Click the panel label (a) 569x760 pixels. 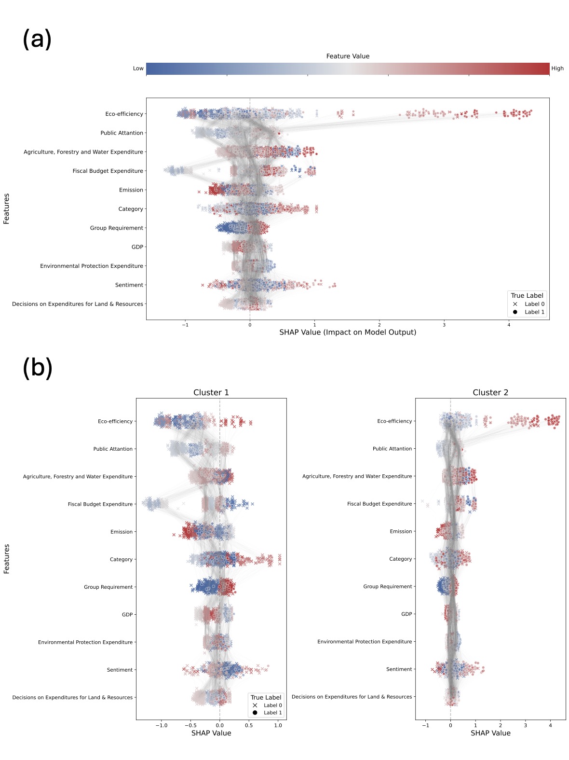37,39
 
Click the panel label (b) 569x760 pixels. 37,368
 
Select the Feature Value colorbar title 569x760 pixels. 348,56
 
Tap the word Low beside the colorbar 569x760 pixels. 138,69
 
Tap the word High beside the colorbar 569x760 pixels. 557,69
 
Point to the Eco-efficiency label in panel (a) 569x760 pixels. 124,114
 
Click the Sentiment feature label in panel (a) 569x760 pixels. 129,285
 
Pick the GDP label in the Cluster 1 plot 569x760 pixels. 127,615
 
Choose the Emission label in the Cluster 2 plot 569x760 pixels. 401,531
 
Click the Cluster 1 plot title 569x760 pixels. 211,392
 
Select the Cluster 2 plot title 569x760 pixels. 490,392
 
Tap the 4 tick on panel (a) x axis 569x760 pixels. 509,325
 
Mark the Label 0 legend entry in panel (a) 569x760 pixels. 534,304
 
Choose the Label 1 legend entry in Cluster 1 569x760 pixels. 272,713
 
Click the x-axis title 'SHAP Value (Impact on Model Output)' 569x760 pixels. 348,332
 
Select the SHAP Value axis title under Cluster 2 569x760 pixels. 490,733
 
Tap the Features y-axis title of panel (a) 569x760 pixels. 7,208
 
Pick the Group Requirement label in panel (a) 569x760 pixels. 116,228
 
